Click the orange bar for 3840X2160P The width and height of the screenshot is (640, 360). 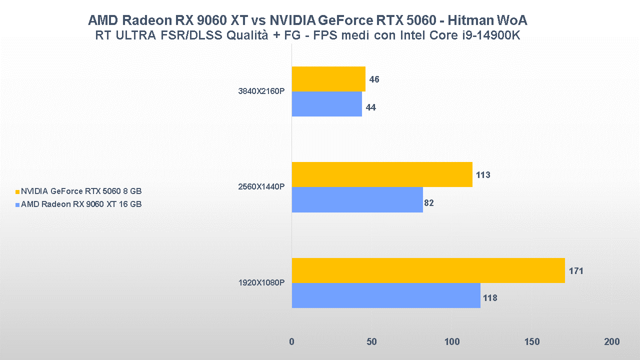click(x=328, y=79)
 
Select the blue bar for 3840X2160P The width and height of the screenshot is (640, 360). click(x=326, y=104)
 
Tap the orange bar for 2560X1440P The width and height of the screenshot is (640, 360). click(x=382, y=174)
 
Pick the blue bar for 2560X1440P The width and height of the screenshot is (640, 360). click(x=357, y=199)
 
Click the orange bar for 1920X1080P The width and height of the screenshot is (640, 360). click(x=428, y=270)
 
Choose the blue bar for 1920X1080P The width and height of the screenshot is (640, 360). click(x=386, y=295)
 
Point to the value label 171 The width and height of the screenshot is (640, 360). click(x=576, y=271)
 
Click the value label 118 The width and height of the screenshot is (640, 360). click(x=490, y=298)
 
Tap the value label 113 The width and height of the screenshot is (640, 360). click(x=483, y=175)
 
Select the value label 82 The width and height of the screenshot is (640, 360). click(x=429, y=203)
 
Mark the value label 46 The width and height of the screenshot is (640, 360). click(x=374, y=79)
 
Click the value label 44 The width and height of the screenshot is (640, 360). click(x=371, y=107)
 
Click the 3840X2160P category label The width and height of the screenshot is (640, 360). click(x=262, y=91)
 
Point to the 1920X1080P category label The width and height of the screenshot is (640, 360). click(x=262, y=283)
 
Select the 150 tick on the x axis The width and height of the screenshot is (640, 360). click(x=532, y=341)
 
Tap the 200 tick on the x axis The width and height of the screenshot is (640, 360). click(x=611, y=341)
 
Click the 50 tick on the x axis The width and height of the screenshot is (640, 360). click(x=371, y=341)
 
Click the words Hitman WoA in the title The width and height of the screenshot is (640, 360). click(x=487, y=20)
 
